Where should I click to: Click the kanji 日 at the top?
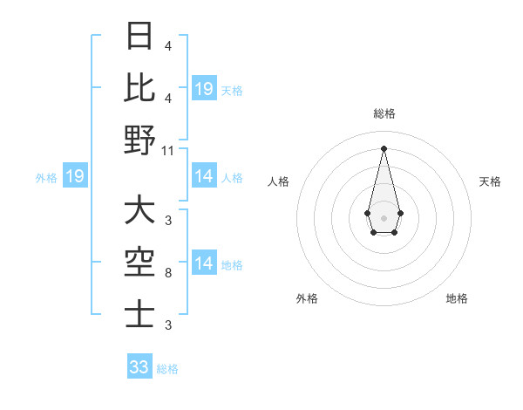point(140,38)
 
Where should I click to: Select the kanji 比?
point(140,88)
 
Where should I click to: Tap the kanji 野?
point(140,140)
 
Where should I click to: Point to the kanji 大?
point(140,211)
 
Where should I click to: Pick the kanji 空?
point(140,262)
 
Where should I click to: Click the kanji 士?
point(140,313)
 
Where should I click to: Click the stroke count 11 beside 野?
point(168,150)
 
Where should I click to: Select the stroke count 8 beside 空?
point(168,274)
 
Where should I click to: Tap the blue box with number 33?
point(139,367)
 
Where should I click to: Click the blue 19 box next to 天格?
point(203,89)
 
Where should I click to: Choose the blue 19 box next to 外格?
point(75,177)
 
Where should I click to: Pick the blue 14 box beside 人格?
point(203,177)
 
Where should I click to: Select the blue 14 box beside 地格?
point(203,263)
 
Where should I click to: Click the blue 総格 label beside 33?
point(167,369)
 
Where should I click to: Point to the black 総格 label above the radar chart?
point(384,113)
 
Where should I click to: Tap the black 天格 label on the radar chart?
point(491,181)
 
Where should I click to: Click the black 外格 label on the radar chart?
point(307,298)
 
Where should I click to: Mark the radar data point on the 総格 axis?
point(384,147)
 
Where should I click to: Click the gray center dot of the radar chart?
point(384,216)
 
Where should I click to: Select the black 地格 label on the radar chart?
point(457,298)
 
